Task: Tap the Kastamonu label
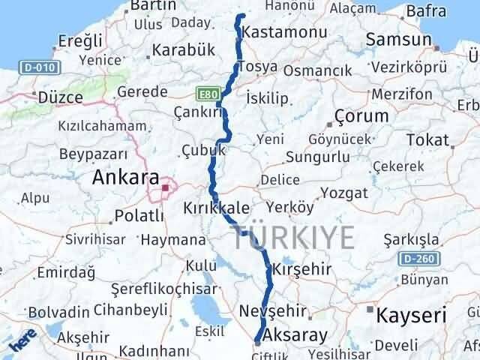pyautogui.click(x=284, y=33)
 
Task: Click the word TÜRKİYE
pyautogui.click(x=293, y=237)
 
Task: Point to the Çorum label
pyautogui.click(x=362, y=116)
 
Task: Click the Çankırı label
pyautogui.click(x=198, y=111)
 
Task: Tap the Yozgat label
pyautogui.click(x=343, y=193)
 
